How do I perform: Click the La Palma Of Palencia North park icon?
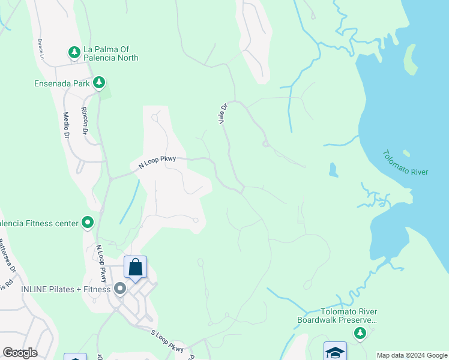click(x=74, y=52)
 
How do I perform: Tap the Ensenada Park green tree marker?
click(x=99, y=82)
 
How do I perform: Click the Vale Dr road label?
click(x=223, y=114)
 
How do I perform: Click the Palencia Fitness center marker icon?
click(x=88, y=223)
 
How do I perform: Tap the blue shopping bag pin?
click(x=136, y=267)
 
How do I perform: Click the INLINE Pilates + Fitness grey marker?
click(x=120, y=289)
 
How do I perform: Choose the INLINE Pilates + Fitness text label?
click(x=66, y=289)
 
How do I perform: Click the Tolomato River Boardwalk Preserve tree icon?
click(x=360, y=333)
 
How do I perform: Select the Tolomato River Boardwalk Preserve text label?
click(x=337, y=315)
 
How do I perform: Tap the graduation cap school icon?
click(x=335, y=352)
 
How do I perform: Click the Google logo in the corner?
click(x=20, y=353)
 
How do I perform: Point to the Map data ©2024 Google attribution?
click(x=412, y=355)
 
